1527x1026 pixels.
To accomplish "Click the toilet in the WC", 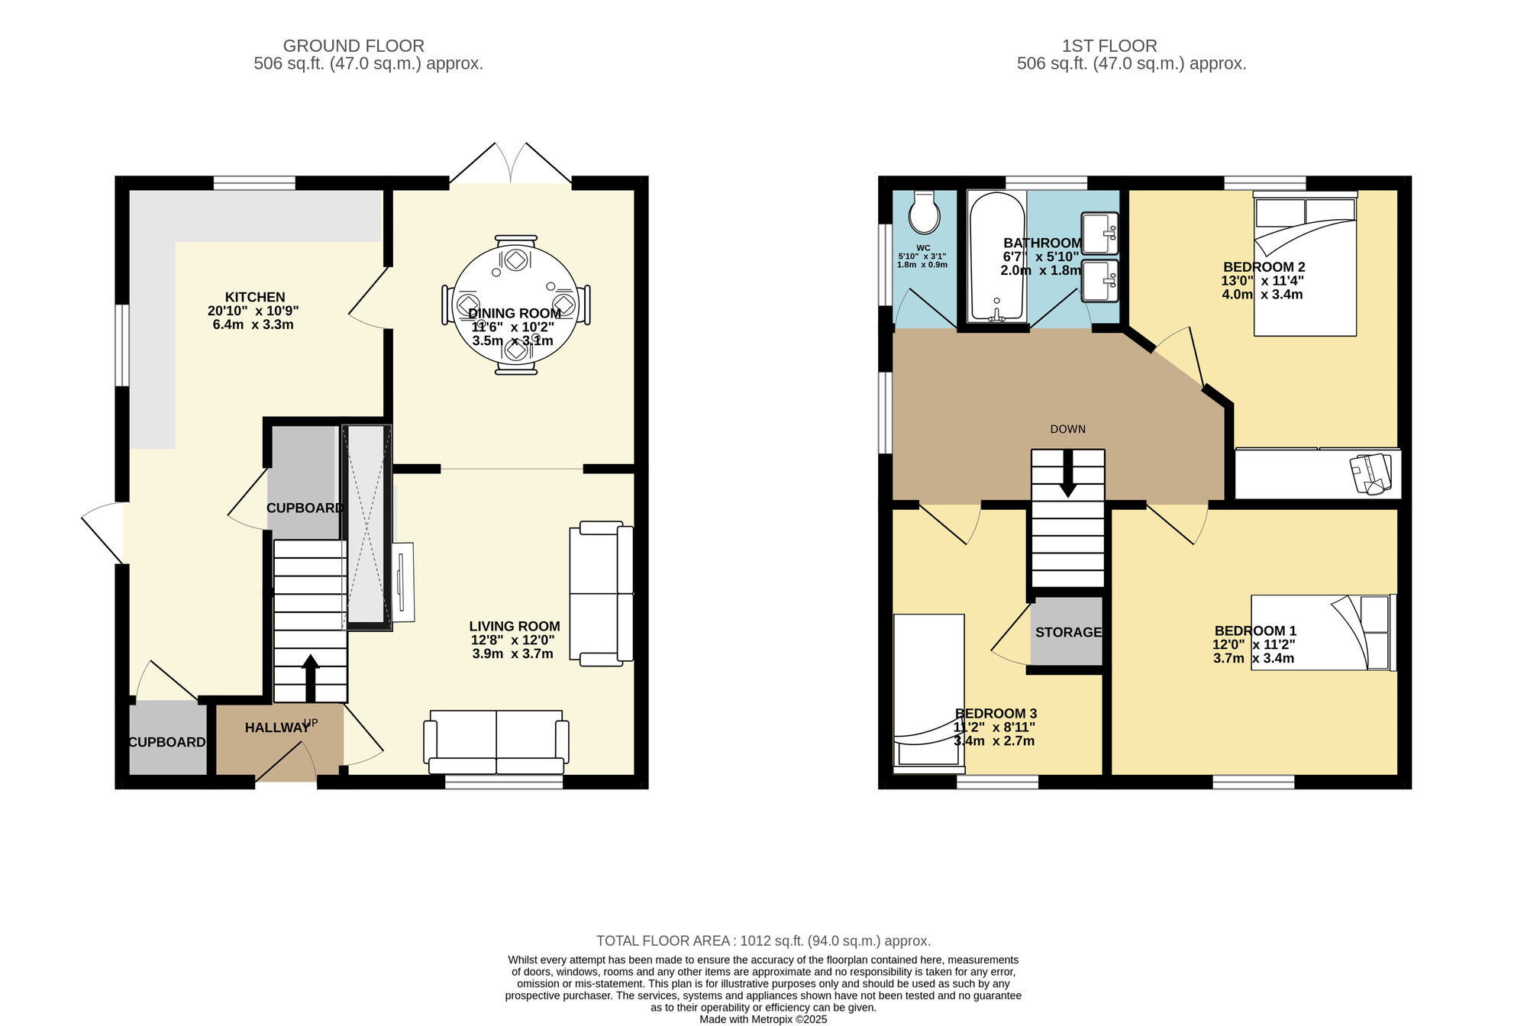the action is coord(925,212).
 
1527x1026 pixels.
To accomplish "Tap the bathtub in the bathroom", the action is coord(996,256).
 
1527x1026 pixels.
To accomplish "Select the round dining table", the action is coord(516,305).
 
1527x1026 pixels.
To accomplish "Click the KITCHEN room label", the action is coord(255,297).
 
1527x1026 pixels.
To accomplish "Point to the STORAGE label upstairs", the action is coord(1069,632).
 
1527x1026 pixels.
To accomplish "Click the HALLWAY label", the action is coord(277,728).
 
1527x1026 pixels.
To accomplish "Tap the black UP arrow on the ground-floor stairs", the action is coord(310,677).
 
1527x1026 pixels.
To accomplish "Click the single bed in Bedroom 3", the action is coord(929,693).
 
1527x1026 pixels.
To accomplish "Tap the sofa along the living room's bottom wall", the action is coord(496,741).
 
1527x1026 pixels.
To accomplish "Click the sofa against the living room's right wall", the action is coord(601,593).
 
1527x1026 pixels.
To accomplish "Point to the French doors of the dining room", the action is coord(511,163).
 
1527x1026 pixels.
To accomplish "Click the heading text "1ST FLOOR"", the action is coord(1109,46).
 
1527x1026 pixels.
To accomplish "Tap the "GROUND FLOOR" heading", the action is coord(354,46).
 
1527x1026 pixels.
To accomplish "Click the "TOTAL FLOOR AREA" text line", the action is coord(763,941).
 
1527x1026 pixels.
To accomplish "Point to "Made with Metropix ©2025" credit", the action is coord(763,1019).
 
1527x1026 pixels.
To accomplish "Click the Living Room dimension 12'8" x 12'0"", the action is coord(512,640).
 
